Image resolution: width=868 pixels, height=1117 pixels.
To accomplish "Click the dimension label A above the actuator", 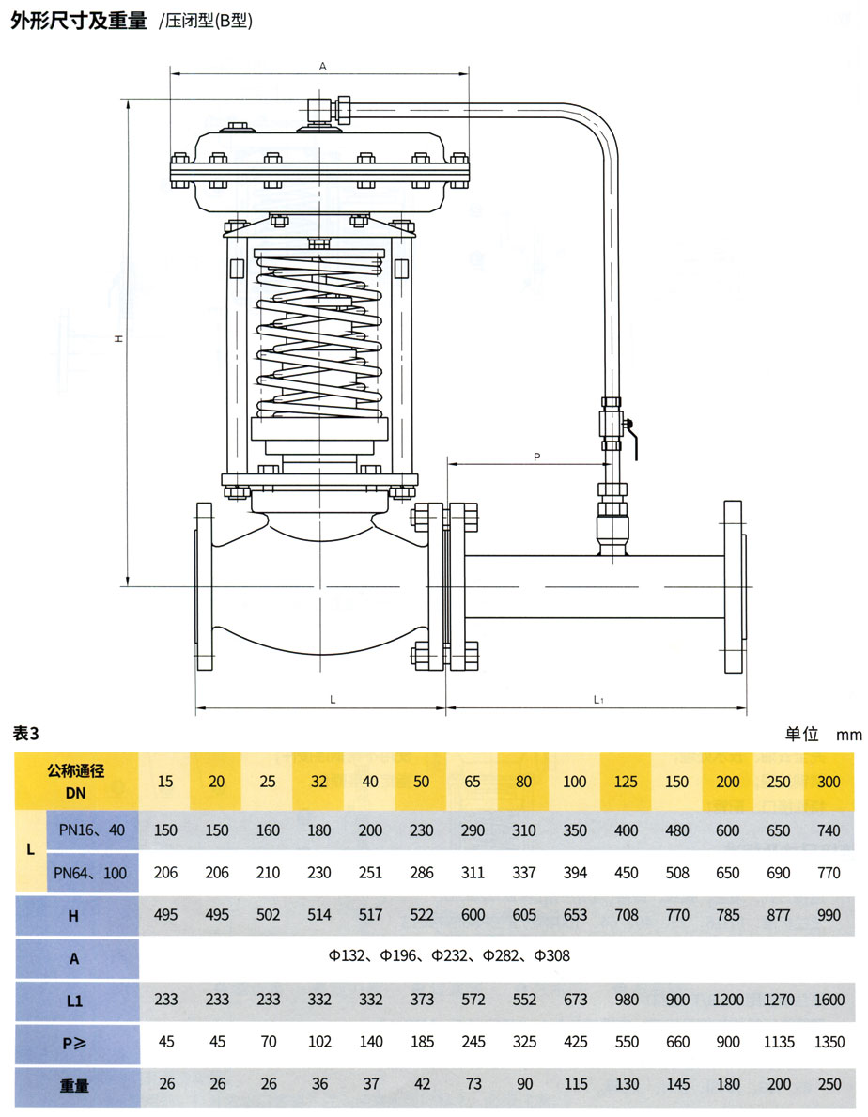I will tap(322, 67).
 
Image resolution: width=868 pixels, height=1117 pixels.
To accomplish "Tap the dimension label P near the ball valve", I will tap(536, 457).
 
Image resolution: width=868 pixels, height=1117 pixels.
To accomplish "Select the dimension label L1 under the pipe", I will tap(598, 700).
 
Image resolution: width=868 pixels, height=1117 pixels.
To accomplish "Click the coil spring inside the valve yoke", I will tap(319, 338).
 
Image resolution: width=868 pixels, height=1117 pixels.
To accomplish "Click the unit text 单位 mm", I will tap(823, 735).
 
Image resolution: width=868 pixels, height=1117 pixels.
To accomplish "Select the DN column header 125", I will tap(626, 782).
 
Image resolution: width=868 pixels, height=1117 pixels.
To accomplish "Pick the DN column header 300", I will tap(829, 782).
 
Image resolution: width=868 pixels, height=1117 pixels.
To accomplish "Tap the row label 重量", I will tap(74, 1085).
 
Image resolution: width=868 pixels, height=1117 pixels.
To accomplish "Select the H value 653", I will tap(574, 915).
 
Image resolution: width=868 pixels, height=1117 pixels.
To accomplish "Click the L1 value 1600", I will tap(829, 1001).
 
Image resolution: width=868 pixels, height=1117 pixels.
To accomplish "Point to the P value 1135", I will tap(779, 1042).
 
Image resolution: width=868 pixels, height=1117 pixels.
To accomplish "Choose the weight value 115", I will tap(574, 1084).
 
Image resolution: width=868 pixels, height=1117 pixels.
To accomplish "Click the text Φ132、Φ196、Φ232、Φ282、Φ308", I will tap(449, 956).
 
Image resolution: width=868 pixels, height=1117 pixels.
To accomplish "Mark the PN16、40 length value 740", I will tap(829, 830).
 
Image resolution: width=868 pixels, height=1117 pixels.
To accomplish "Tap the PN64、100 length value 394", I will tap(574, 873).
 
